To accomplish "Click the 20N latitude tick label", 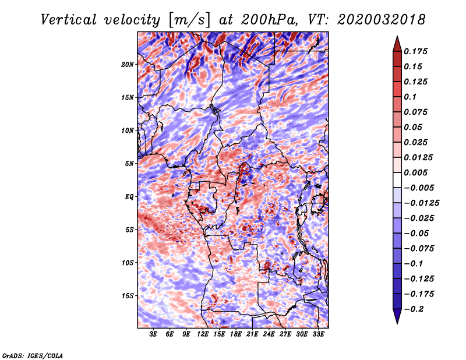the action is click(128, 65).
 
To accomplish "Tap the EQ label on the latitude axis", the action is click(129, 197).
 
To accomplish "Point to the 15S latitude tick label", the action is click(128, 296).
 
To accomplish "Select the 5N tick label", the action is click(129, 164).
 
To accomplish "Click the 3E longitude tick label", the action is click(153, 334).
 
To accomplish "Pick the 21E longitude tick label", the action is click(252, 334).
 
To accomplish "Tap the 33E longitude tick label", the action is click(318, 334).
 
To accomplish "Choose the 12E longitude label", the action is click(203, 334).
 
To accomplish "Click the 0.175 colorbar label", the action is click(415, 51).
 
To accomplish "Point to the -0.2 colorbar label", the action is click(414, 309).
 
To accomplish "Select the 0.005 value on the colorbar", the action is click(415, 172).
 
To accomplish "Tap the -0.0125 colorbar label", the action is click(421, 203).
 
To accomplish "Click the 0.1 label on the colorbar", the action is click(410, 97).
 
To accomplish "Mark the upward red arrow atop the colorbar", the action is click(397, 44).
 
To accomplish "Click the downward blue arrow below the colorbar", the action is click(397, 316).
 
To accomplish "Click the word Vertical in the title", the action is click(69, 20).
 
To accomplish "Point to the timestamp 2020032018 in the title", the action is click(382, 20).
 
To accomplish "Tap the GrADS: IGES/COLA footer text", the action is click(33, 356).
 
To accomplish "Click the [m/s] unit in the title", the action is click(189, 20).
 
